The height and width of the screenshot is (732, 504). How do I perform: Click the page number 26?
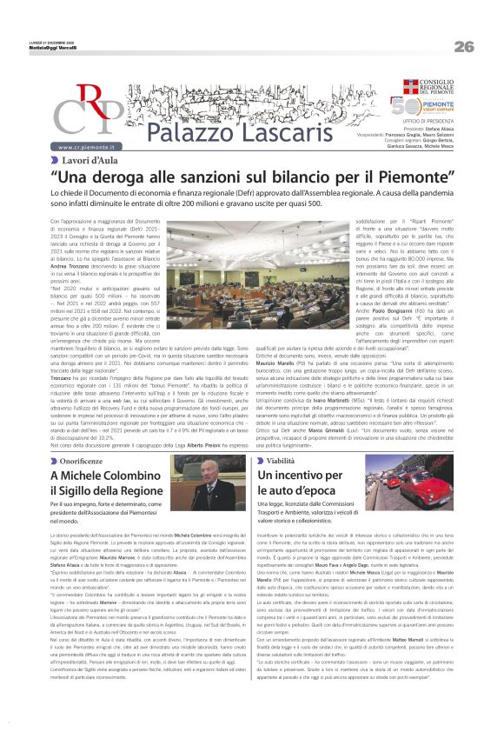(x=463, y=46)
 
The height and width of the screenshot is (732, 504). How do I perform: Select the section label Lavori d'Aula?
(x=90, y=162)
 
